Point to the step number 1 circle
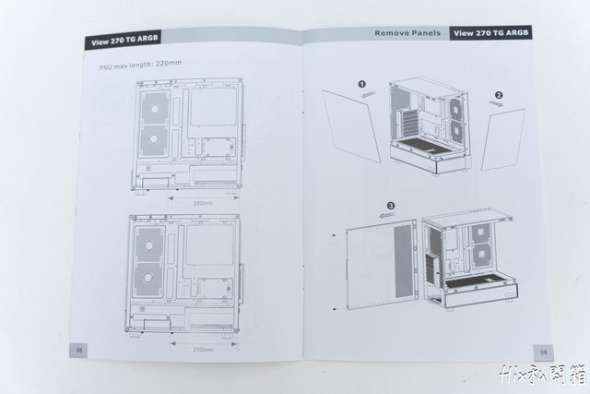click(362, 83)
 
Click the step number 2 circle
click(499, 94)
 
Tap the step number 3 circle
click(391, 205)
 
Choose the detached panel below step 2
click(502, 138)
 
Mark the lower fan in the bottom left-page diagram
click(147, 278)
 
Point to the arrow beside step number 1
click(368, 92)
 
